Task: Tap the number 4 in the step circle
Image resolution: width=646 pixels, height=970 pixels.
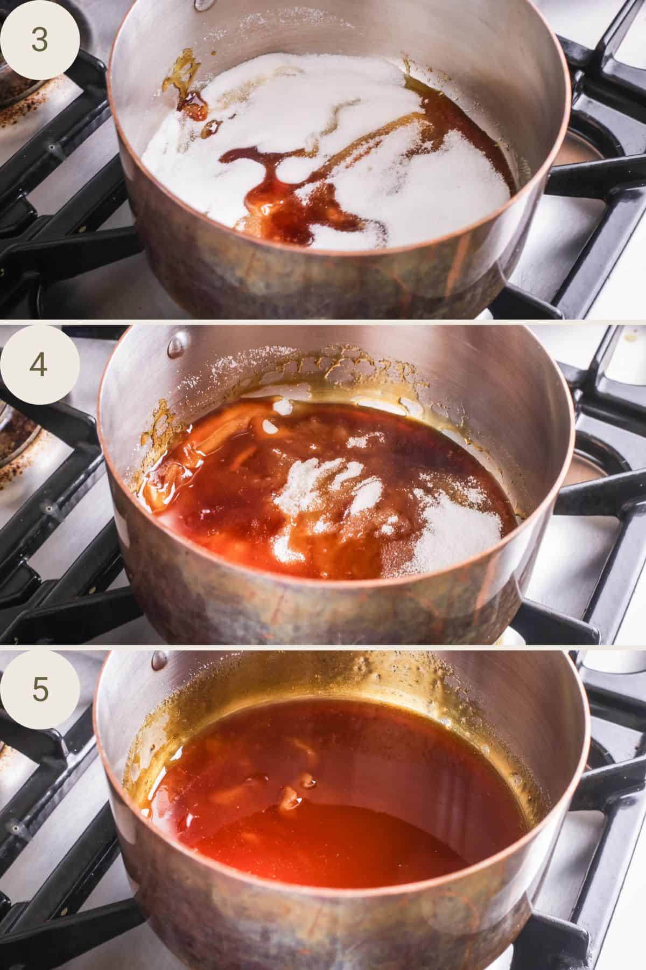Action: [39, 365]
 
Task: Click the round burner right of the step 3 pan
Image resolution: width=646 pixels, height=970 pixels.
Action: [581, 145]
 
